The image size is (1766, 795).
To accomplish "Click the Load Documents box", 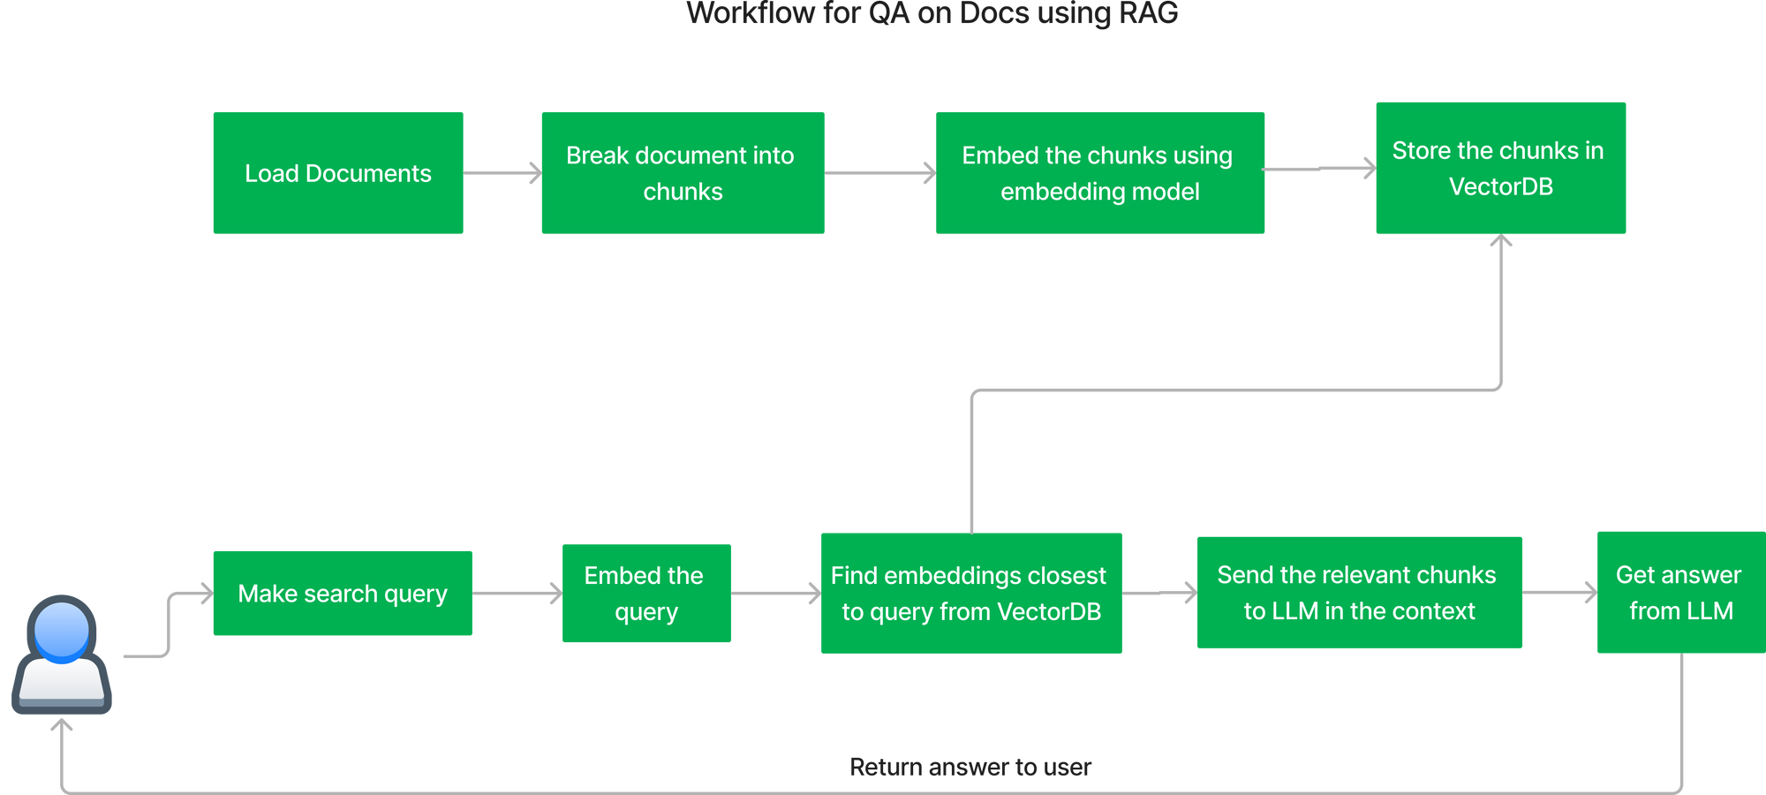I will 338,173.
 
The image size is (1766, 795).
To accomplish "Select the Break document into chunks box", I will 683,173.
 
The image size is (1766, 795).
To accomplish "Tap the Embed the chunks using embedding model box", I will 1099,173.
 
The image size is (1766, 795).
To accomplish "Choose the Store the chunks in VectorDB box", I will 1500,168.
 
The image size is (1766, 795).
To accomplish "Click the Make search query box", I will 343,593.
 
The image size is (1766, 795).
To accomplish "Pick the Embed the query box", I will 645,593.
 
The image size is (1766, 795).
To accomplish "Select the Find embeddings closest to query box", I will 970,593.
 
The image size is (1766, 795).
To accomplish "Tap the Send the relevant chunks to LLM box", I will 1359,593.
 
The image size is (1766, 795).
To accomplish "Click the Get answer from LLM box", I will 1679,593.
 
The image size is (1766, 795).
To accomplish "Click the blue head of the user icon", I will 62,630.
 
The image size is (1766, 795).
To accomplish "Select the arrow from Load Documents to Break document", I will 502,173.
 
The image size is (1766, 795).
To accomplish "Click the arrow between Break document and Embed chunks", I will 879,173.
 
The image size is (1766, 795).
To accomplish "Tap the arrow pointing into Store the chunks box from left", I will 1320,169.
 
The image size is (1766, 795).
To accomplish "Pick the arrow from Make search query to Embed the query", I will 517,593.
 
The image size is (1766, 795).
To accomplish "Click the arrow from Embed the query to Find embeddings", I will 775,593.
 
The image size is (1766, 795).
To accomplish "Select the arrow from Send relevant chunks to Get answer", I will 1559,592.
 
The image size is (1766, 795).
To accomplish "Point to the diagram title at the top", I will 932,13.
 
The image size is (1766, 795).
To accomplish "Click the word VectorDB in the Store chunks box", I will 1500,187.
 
